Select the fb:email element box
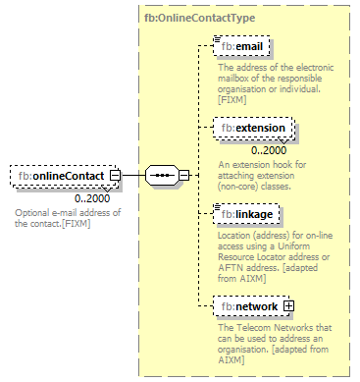pyautogui.click(x=243, y=45)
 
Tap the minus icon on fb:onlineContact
pyautogui.click(x=115, y=176)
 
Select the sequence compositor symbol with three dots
pyautogui.click(x=160, y=176)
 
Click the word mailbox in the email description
pyautogui.click(x=232, y=77)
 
